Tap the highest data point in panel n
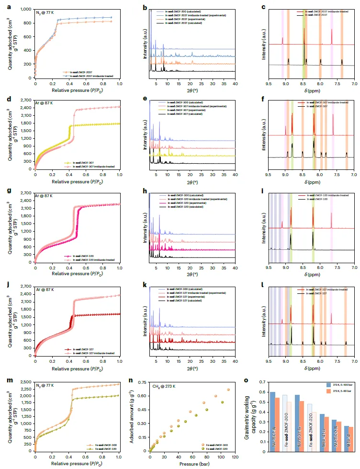228,390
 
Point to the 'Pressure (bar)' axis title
190,463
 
